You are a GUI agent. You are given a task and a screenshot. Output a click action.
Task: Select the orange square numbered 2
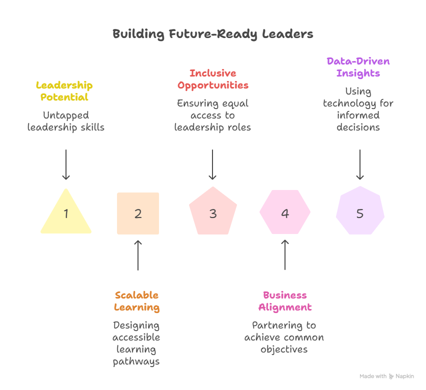(138, 213)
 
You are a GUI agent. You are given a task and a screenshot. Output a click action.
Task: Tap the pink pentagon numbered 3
(213, 212)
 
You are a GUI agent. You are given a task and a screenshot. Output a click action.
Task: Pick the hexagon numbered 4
(285, 212)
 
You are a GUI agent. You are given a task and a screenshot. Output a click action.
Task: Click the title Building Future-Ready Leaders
(213, 34)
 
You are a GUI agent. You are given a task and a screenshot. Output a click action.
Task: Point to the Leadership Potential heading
(64, 91)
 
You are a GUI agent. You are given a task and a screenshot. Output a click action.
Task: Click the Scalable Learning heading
(136, 301)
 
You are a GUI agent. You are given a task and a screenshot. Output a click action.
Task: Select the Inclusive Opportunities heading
(213, 79)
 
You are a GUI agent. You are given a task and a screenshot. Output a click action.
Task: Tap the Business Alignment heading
(285, 301)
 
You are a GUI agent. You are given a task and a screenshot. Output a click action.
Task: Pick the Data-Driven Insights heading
(358, 67)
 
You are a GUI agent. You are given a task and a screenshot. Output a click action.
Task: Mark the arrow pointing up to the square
(138, 255)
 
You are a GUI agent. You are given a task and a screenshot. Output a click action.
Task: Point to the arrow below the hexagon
(285, 255)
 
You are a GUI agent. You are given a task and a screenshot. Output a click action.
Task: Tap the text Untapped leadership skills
(65, 121)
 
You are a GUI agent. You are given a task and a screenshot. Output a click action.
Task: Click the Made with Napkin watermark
(386, 376)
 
